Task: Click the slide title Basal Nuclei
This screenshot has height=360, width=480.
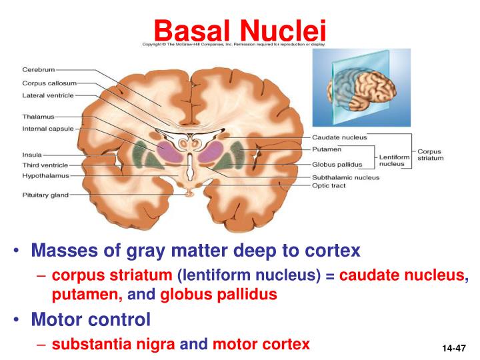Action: pos(239,29)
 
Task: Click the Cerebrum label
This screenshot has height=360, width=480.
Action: pos(39,69)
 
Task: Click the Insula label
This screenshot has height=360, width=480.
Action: pos(33,154)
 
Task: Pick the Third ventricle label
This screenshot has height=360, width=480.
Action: pos(45,165)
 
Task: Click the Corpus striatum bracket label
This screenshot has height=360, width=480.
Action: pos(429,155)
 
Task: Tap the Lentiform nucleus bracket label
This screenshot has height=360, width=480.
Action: pos(392,159)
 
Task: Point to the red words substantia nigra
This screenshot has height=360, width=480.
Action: pos(114,344)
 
